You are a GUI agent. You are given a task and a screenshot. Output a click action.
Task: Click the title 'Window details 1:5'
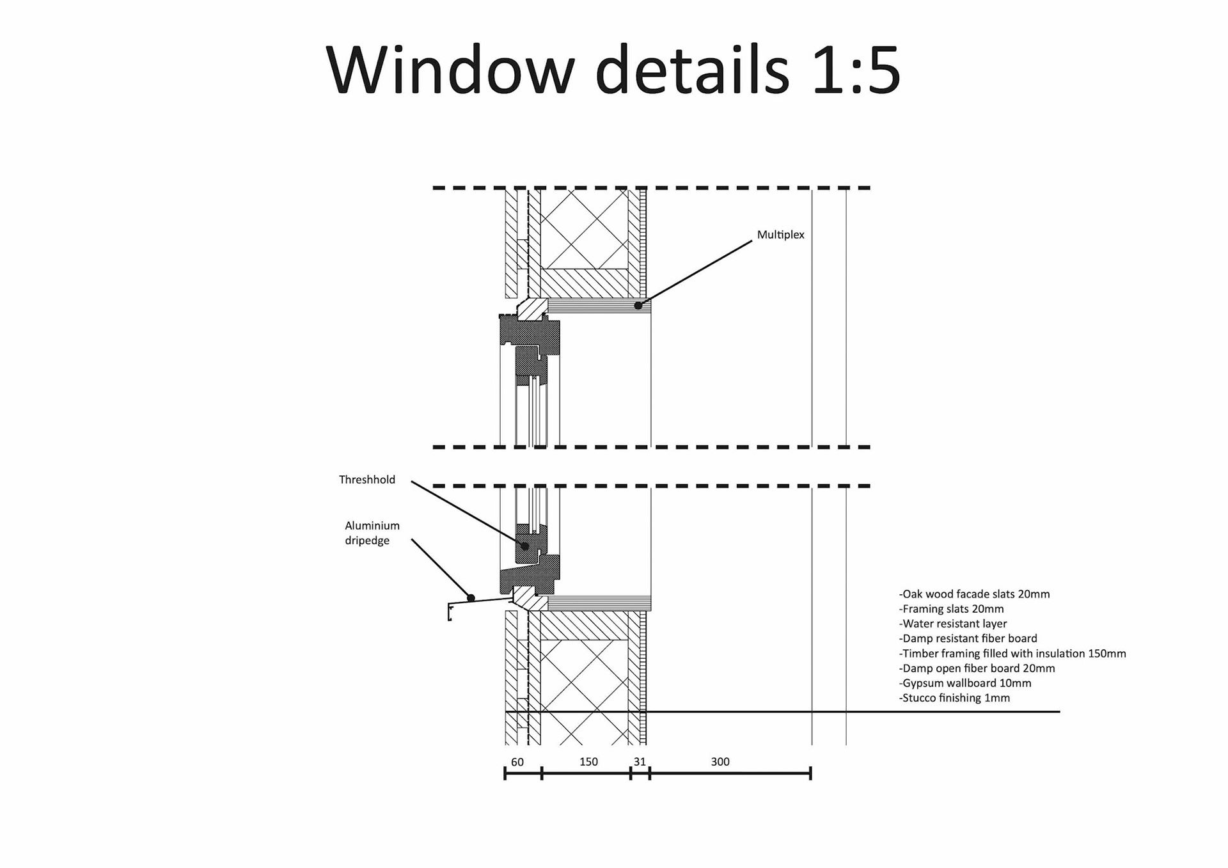(613, 70)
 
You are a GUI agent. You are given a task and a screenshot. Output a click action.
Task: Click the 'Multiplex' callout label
(780, 235)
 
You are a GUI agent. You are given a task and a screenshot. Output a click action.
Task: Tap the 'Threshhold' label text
(367, 480)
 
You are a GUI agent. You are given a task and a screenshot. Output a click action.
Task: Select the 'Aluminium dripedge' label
(372, 533)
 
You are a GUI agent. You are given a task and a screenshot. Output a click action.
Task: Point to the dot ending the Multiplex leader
(638, 306)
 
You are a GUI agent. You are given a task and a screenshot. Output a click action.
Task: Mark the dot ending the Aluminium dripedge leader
(471, 598)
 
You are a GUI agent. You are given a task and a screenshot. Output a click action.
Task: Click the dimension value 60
(517, 762)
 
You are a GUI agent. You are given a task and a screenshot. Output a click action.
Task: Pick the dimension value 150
(588, 762)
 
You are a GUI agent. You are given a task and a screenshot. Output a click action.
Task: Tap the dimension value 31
(640, 762)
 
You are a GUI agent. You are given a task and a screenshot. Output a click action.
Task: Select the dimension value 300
(720, 762)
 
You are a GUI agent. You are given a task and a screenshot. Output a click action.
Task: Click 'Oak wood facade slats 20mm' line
(975, 594)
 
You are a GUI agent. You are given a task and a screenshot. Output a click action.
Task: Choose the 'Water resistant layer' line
(953, 624)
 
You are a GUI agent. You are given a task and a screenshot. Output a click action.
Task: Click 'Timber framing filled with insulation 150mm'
(1012, 654)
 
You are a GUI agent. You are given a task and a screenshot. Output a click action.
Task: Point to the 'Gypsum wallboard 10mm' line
(965, 683)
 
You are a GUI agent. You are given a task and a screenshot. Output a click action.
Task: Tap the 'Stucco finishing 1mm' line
(954, 698)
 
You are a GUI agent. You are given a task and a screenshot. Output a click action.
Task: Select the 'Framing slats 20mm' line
(952, 609)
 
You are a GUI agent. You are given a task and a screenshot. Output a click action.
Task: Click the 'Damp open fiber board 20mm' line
(977, 668)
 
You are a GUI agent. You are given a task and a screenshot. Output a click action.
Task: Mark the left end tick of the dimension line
(505, 773)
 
